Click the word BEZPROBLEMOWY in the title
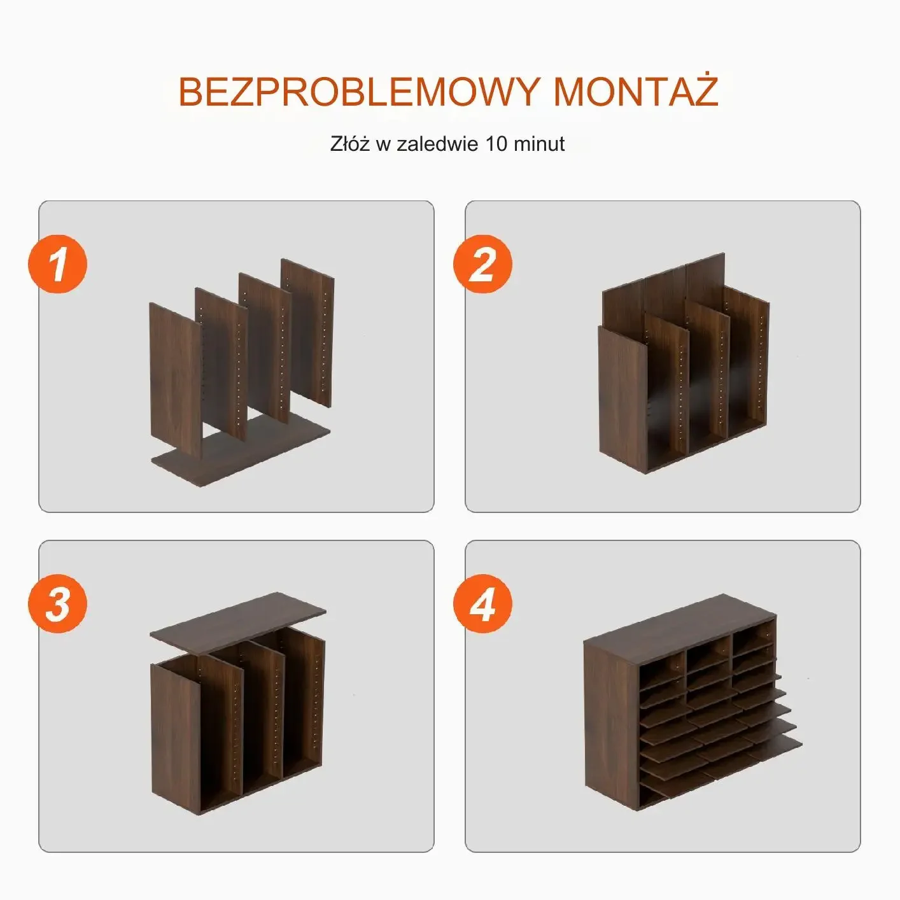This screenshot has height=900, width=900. [359, 92]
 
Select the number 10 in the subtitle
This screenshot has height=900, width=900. [496, 144]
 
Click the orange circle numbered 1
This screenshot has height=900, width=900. [58, 264]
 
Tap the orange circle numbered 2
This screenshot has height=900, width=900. [483, 264]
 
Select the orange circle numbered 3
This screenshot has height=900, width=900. [58, 604]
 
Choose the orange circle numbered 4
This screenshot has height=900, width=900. [483, 604]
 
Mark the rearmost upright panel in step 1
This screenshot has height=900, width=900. [307, 332]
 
